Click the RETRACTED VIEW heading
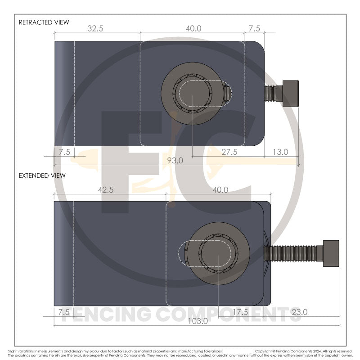pos(44,22)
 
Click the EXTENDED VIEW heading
pos(42,175)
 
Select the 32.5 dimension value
pos(95,28)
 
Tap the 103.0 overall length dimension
pos(198,321)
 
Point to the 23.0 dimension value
pos(299,312)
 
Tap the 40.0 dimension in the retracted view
pos(193,28)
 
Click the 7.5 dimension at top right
pos(254,28)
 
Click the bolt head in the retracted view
pos(291,94)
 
